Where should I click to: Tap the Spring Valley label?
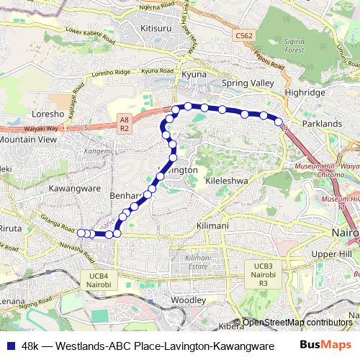tap(248, 84)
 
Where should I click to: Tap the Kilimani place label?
tap(212, 225)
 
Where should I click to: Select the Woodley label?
tap(189, 299)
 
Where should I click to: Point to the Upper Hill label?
tap(330, 254)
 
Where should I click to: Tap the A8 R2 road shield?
tap(124, 124)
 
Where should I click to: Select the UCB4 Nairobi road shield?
tap(99, 279)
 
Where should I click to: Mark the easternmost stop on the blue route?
tap(279, 122)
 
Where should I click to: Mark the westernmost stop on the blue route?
tap(81, 233)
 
